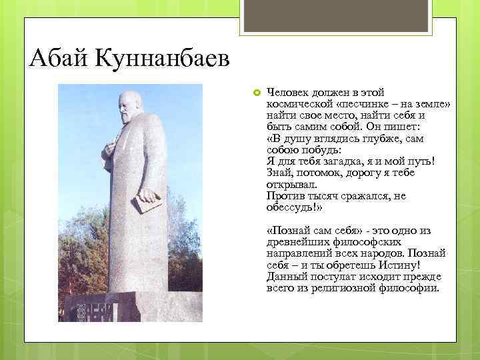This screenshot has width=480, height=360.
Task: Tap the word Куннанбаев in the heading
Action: point(164,60)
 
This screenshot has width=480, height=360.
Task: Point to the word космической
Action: point(297,105)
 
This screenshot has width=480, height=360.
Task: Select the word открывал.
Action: point(292,185)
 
